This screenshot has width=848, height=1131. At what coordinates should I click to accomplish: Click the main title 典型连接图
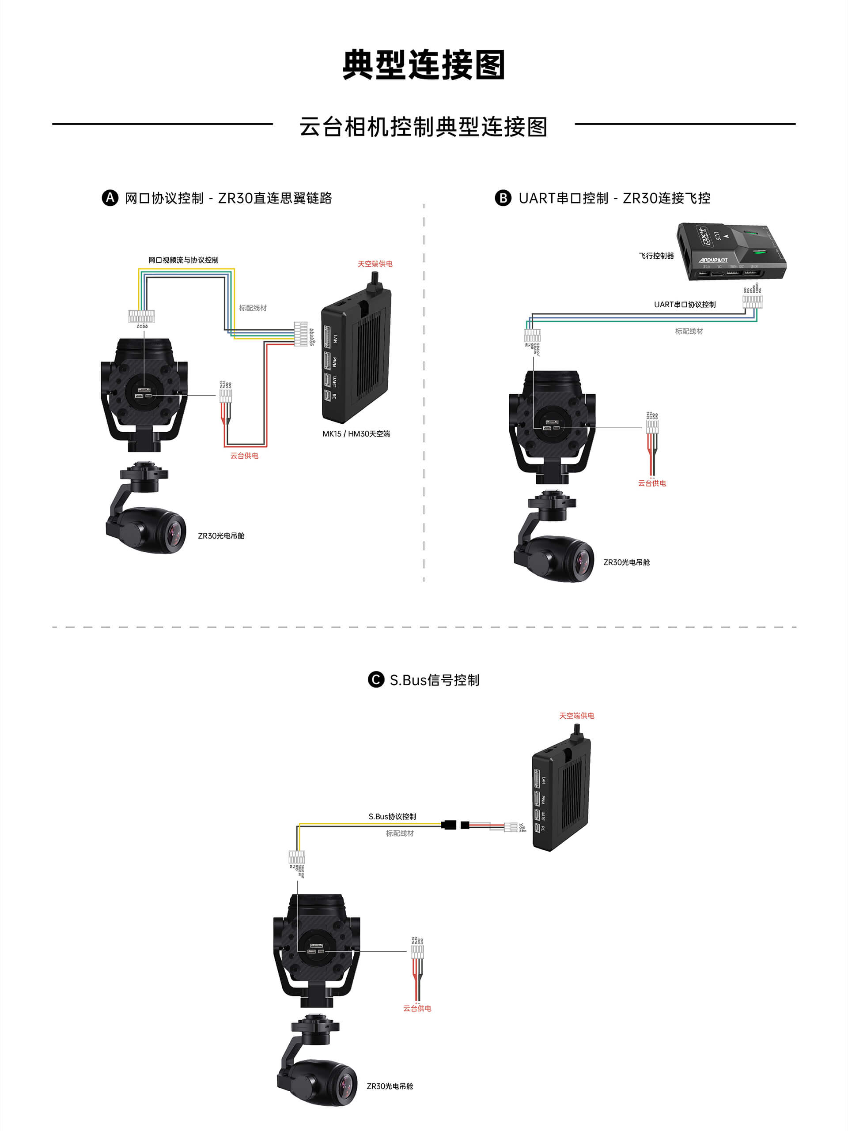tap(424, 65)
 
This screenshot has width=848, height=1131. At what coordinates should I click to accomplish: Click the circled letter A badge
tap(110, 198)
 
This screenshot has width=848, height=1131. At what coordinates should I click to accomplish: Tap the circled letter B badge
tap(503, 198)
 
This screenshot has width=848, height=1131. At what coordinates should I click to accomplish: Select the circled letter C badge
tap(376, 679)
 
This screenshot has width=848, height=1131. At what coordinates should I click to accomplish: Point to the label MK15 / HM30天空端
tap(356, 434)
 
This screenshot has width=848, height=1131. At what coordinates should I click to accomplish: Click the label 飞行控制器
tap(656, 256)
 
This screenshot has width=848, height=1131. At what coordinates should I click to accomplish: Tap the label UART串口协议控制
tap(684, 304)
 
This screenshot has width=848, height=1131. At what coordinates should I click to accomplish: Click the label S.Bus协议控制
tap(392, 817)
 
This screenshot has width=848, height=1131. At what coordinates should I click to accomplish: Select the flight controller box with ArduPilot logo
tap(732, 251)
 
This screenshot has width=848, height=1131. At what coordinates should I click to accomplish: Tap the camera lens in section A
tap(174, 532)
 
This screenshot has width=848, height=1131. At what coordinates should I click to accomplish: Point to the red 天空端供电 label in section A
tap(375, 264)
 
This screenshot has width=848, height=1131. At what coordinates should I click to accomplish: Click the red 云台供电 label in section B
tap(651, 483)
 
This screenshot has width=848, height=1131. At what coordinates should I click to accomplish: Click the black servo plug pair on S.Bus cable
tap(456, 825)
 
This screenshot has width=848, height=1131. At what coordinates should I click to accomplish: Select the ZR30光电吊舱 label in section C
tap(390, 1086)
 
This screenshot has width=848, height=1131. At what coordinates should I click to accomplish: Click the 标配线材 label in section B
tap(689, 332)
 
